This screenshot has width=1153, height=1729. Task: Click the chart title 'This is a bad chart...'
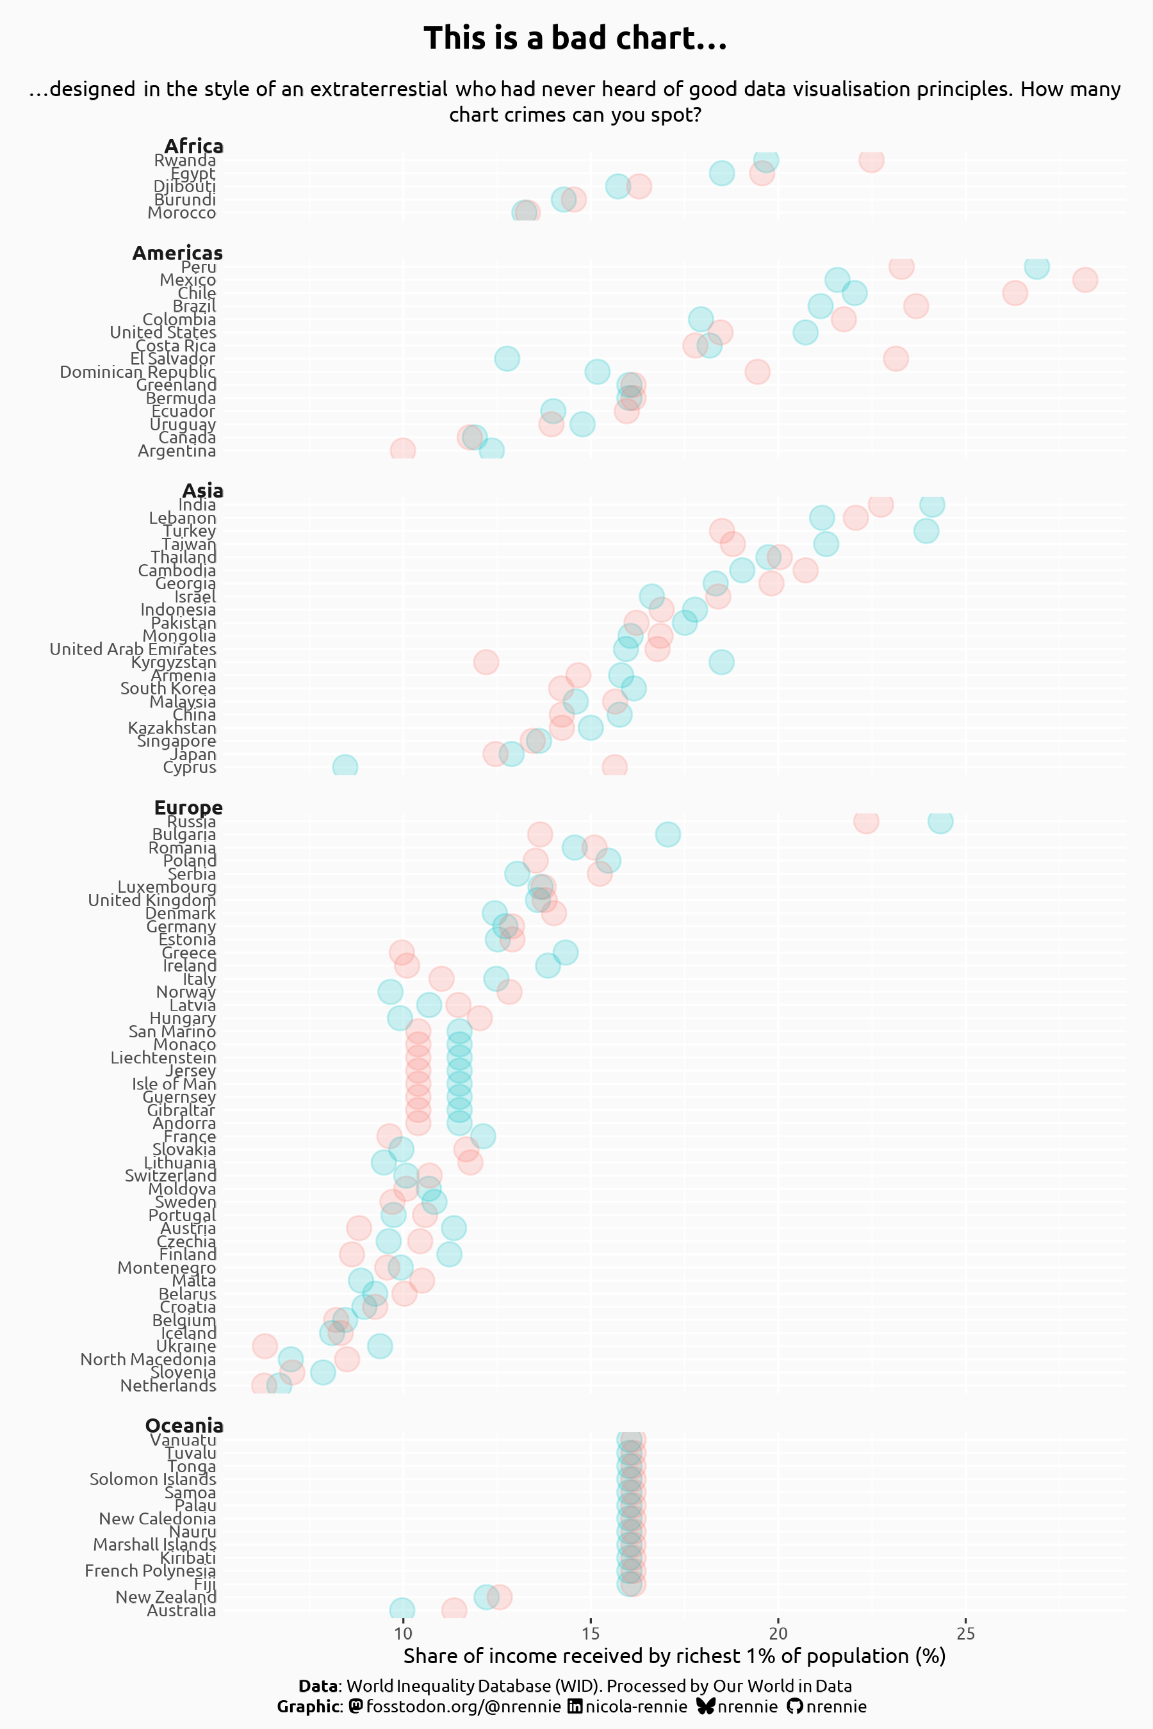click(x=575, y=38)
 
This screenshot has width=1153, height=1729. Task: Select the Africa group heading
click(x=193, y=146)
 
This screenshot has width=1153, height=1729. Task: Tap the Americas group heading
click(x=177, y=253)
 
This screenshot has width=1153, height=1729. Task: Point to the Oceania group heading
click(x=184, y=1425)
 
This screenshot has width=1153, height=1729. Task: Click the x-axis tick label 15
click(x=591, y=1634)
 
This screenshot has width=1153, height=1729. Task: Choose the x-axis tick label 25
click(x=965, y=1634)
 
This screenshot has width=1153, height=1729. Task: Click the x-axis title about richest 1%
click(x=675, y=1656)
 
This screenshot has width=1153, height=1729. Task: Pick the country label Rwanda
click(x=185, y=160)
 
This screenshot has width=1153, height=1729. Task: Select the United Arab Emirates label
click(x=133, y=649)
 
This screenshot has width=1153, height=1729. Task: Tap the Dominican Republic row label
click(x=138, y=372)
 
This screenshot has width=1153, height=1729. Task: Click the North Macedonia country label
click(x=149, y=1360)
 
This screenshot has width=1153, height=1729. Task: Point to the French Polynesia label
click(x=151, y=1571)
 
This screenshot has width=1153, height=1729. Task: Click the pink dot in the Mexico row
click(x=1084, y=280)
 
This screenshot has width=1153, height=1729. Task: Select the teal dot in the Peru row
click(x=1036, y=267)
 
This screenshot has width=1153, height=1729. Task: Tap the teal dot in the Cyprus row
click(x=345, y=767)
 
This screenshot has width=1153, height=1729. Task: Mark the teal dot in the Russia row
click(x=940, y=821)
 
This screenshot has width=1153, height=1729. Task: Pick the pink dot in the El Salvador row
click(x=895, y=359)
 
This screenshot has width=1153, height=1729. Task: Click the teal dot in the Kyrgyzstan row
click(x=721, y=662)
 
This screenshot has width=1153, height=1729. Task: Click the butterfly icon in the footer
click(x=705, y=1706)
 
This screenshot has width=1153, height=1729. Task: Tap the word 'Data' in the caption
click(x=319, y=1686)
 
